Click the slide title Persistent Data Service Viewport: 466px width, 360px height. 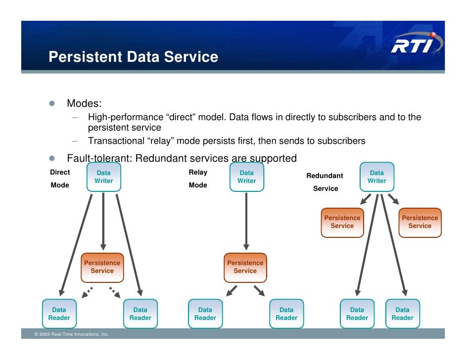point(133,57)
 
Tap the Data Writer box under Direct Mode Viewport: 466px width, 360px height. point(103,177)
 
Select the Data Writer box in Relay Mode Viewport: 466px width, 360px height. point(246,177)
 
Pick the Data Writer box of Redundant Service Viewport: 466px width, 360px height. point(376,177)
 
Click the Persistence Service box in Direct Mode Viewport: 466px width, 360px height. point(102,267)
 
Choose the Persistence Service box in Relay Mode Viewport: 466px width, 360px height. point(245,267)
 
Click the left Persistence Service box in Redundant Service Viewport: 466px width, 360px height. point(342,222)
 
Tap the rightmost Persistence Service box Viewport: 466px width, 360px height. point(420,222)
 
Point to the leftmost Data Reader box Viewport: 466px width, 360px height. point(59,314)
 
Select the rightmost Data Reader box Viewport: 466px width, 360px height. point(402,314)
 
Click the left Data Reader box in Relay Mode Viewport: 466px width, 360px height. point(205,314)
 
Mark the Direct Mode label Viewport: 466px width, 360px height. point(60,179)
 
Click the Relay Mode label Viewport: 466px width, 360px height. point(198,179)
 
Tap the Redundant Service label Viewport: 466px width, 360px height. point(325,182)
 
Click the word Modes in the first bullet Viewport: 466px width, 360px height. point(84,104)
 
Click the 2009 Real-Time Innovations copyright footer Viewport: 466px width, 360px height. point(72,335)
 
